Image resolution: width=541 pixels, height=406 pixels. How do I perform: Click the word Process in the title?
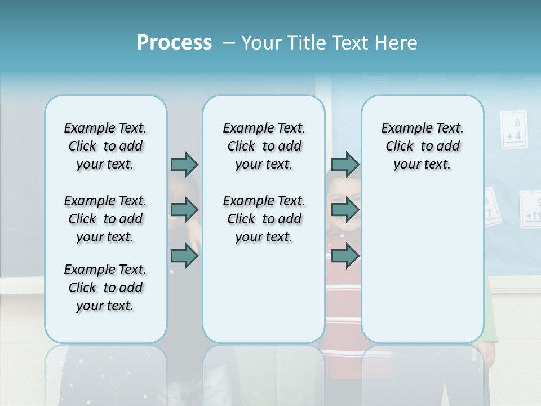pos(174,42)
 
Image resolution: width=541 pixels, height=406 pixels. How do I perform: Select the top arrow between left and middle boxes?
pos(184,164)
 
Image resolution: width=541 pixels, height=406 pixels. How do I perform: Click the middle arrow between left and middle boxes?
pos(184,210)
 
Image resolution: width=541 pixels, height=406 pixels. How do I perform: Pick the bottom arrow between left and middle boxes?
pos(184,256)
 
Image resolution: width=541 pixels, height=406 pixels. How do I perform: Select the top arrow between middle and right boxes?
pos(345,164)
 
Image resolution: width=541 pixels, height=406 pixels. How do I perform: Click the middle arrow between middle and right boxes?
pos(345,210)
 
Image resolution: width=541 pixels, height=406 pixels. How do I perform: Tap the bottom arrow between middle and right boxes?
pos(345,256)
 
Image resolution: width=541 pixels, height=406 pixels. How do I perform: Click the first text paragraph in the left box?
pos(105,146)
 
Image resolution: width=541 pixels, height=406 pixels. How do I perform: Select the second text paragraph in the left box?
pos(105,219)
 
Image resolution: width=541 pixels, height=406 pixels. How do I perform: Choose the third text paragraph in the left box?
pos(105,288)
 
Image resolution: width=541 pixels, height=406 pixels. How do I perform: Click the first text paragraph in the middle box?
pos(264,146)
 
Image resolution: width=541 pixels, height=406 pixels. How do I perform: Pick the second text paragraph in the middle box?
pos(264,219)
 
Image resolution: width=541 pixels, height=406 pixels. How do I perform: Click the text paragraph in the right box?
pos(422,146)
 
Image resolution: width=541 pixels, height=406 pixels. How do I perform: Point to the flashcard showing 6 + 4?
pos(513,130)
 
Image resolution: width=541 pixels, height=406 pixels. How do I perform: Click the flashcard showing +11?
pos(531,210)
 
